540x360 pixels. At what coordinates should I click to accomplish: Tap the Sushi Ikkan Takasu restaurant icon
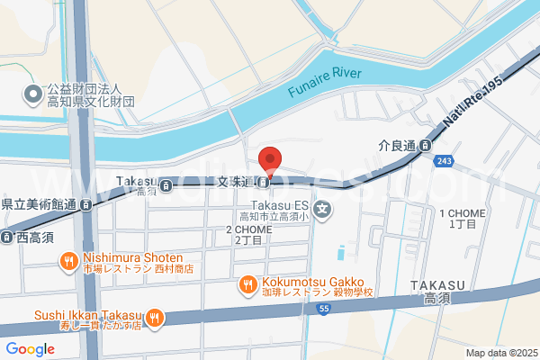point(155,316)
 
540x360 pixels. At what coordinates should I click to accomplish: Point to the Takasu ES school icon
point(324,212)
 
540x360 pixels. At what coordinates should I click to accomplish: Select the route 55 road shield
point(322,310)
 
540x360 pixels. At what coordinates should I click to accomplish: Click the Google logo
point(30,349)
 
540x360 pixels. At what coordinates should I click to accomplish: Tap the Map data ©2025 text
point(500,353)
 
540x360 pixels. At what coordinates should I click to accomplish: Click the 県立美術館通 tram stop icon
point(85,204)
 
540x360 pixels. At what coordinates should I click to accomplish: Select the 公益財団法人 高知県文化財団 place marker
point(33,93)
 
